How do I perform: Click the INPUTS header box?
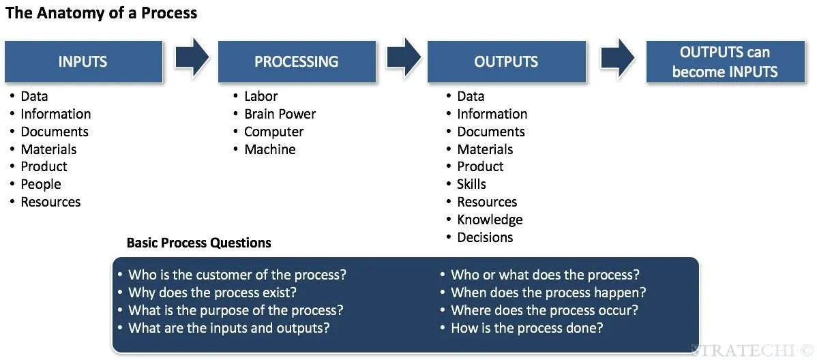(x=83, y=61)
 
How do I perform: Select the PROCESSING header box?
(x=296, y=61)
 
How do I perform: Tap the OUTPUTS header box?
(x=506, y=61)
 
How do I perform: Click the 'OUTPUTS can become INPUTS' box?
(x=725, y=61)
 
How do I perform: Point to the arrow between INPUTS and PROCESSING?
(x=192, y=59)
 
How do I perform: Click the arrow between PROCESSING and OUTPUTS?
(x=403, y=59)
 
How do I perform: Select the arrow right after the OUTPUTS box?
(x=618, y=59)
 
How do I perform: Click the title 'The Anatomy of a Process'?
(x=101, y=13)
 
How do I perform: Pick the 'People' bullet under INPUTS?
(x=41, y=184)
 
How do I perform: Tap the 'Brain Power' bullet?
(x=280, y=114)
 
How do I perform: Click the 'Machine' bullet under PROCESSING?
(x=269, y=149)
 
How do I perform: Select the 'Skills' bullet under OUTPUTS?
(x=471, y=184)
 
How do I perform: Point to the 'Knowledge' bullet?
(x=490, y=220)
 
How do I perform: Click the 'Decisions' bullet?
(x=485, y=237)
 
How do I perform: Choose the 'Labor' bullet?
(x=261, y=96)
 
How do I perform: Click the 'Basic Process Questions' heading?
(x=198, y=243)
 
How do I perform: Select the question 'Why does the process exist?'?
(x=212, y=292)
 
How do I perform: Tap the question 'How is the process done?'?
(x=526, y=328)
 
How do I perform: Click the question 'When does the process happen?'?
(x=548, y=292)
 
